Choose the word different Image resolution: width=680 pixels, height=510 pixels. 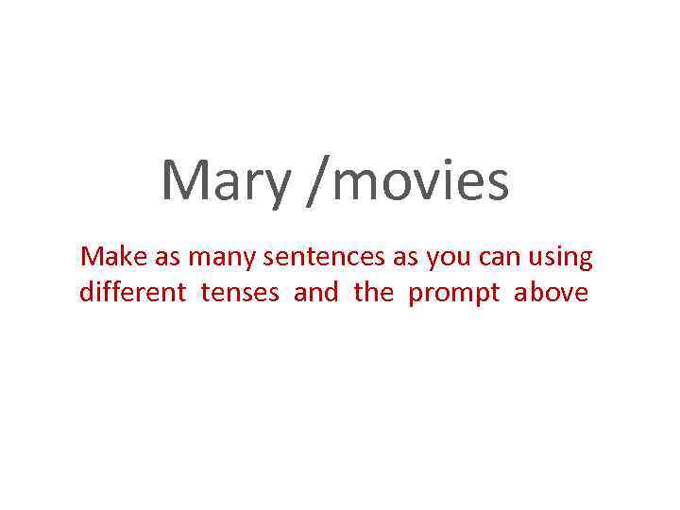coord(133,293)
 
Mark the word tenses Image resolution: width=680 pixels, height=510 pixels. coord(240,294)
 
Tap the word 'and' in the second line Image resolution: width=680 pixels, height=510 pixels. coord(315,293)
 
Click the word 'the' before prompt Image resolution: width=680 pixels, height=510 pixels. coord(373,293)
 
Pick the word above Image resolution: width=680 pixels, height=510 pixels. coord(551,293)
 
